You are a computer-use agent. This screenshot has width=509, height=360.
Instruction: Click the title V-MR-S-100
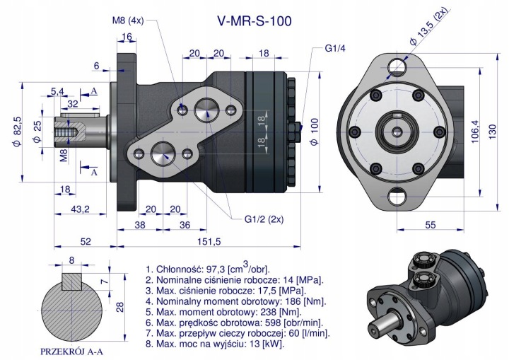click(x=255, y=21)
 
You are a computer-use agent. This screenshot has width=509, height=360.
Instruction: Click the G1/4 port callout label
click(x=335, y=48)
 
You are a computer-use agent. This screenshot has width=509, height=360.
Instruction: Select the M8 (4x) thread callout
click(x=128, y=21)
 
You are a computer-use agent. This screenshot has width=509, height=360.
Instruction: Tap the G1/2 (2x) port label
click(x=264, y=219)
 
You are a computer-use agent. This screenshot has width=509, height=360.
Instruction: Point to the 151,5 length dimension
click(x=209, y=241)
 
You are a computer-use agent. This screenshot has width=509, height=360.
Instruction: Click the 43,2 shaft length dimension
click(x=80, y=209)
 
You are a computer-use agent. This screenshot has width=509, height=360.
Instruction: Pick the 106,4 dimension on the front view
click(x=474, y=132)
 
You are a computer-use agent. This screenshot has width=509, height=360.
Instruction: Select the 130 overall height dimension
click(x=493, y=132)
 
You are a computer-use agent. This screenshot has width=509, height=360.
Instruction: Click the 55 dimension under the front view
click(x=430, y=225)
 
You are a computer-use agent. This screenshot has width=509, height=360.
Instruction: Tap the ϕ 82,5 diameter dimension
click(x=17, y=132)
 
